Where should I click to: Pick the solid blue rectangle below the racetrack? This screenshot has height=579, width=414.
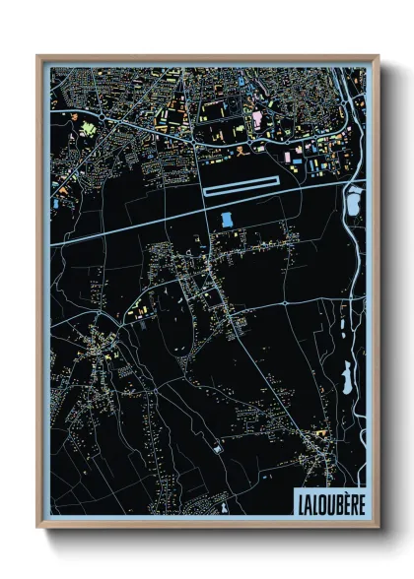click(229, 218)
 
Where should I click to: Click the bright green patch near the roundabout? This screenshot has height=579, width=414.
click(90, 129)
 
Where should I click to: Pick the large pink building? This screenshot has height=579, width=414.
click(258, 118)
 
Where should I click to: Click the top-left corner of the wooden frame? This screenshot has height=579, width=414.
click(38, 57)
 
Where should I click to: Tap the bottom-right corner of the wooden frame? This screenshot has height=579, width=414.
click(377, 526)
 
